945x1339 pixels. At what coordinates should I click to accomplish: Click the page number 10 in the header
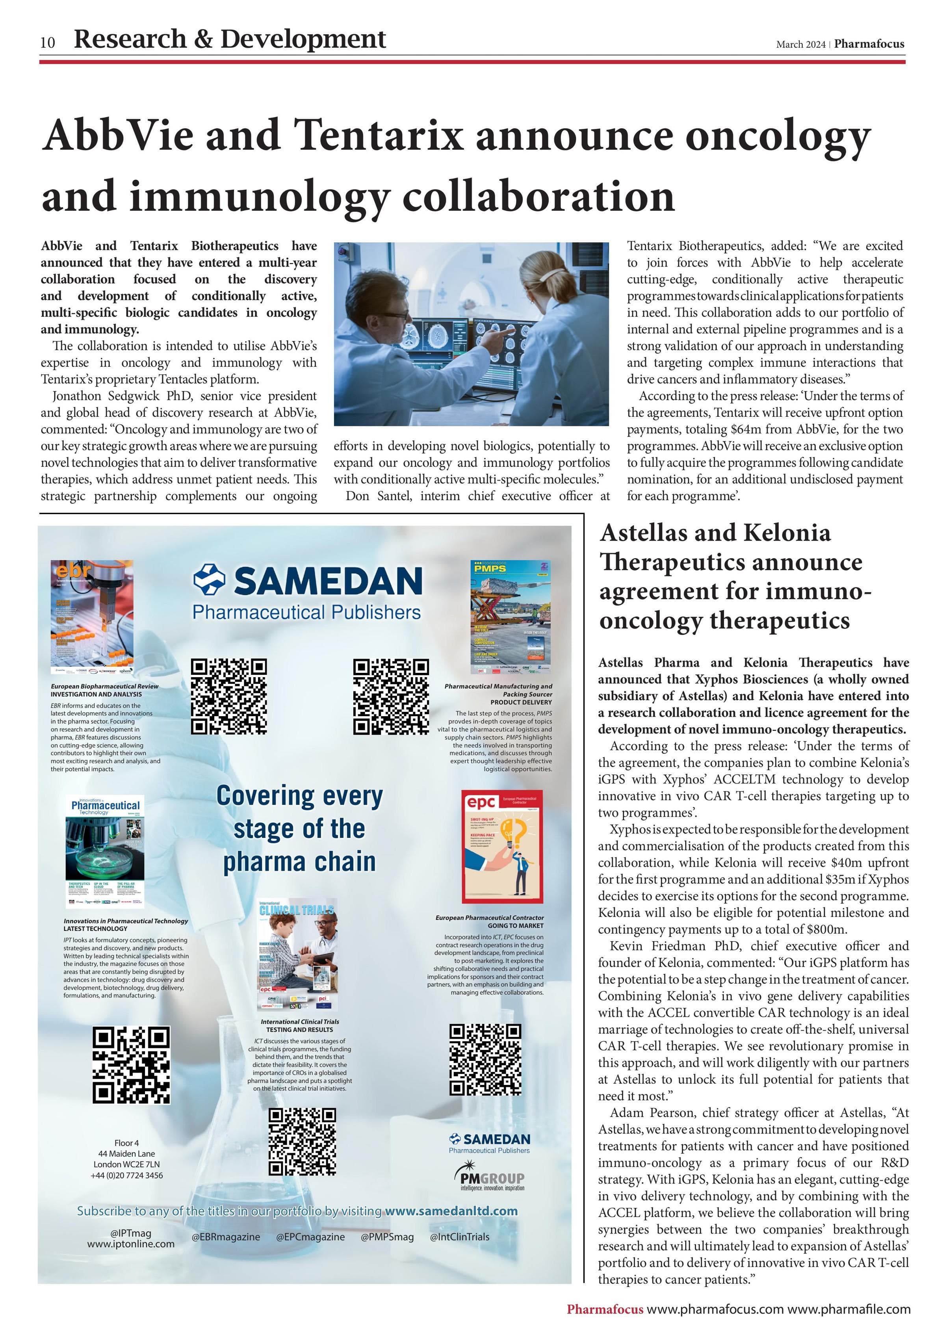coord(48,43)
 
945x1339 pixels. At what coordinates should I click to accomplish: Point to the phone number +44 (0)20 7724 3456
coord(126,1175)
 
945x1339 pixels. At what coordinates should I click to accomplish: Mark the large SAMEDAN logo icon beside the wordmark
coord(209,580)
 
